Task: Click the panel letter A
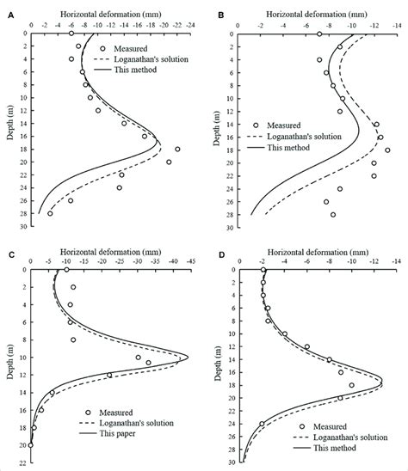tap(9, 15)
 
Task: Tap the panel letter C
tap(9, 254)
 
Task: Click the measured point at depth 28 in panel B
tap(333, 214)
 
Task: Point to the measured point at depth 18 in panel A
tap(177, 149)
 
